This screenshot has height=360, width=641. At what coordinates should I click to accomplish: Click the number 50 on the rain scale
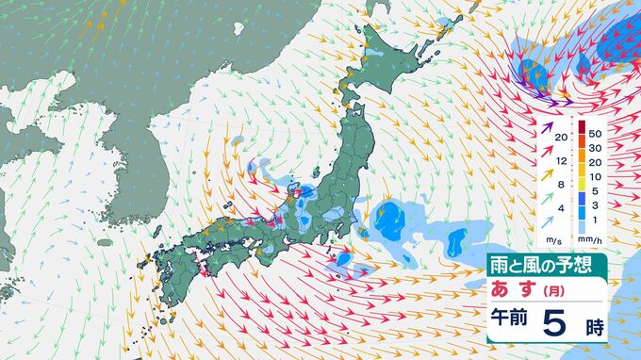tap(595, 134)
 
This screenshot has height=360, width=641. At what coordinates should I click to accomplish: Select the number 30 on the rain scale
tap(595, 148)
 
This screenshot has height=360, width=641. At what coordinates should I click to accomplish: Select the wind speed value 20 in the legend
tap(561, 138)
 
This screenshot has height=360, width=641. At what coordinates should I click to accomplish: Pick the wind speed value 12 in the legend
tap(561, 160)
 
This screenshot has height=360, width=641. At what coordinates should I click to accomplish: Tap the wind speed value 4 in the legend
tap(562, 207)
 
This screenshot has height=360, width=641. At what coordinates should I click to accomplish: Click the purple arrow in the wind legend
tap(545, 137)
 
